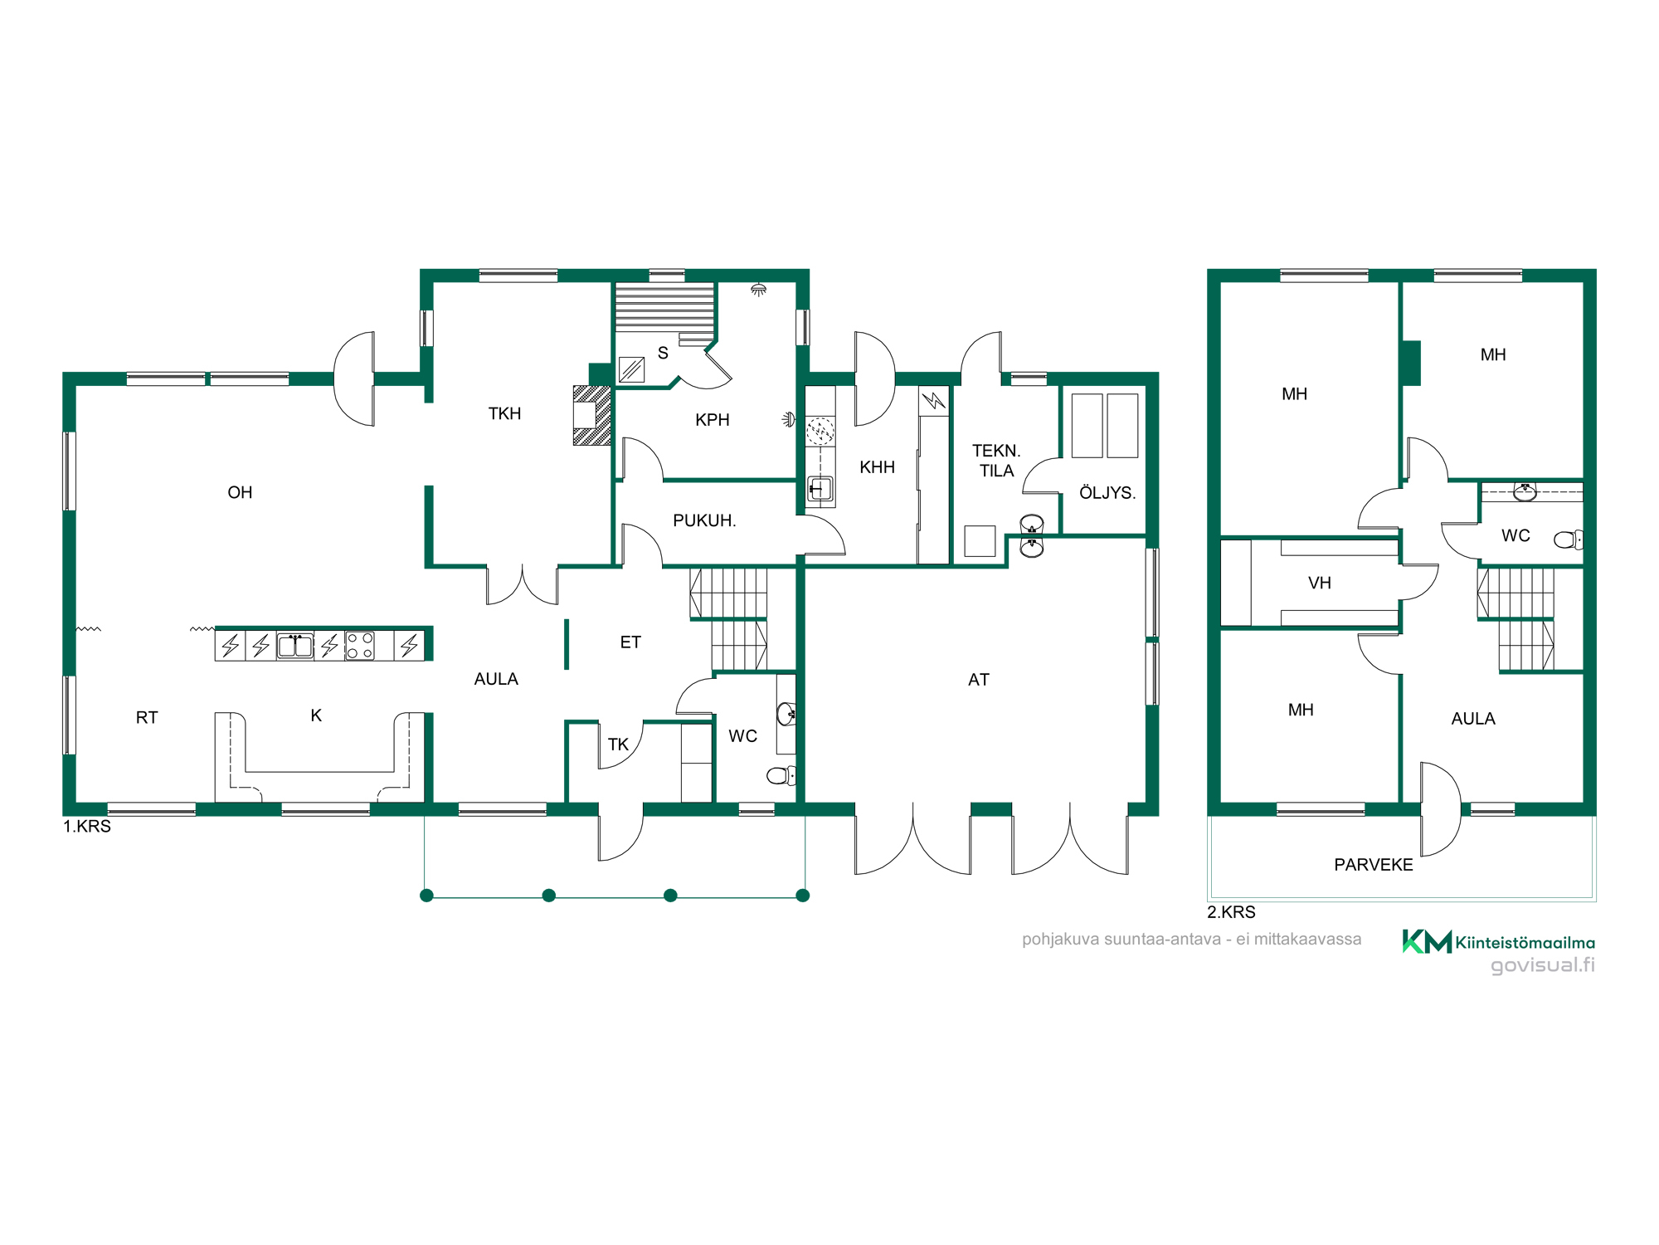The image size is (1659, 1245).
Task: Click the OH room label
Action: point(240,492)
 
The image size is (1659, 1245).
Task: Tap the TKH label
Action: point(504,413)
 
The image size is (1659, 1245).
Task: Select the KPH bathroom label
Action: point(713,420)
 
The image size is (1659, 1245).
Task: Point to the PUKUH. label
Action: point(704,520)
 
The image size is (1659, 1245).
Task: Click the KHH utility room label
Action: point(877,467)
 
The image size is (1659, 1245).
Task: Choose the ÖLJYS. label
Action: point(1107,492)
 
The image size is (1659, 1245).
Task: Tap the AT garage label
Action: point(979,680)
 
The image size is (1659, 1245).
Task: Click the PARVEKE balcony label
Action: point(1374,865)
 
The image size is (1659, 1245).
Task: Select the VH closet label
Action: point(1319,583)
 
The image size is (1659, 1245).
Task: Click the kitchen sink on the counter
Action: point(294,646)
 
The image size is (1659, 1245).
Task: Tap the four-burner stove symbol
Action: point(360,646)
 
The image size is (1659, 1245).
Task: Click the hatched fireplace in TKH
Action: point(592,415)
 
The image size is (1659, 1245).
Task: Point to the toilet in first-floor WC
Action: point(781,775)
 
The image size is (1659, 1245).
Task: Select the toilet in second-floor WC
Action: point(1569,540)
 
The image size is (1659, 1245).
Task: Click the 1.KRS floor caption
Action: point(87,827)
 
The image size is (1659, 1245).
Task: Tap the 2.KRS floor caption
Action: point(1231,912)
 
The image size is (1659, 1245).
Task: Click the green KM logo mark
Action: point(1427,941)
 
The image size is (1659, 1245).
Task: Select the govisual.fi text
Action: point(1543,965)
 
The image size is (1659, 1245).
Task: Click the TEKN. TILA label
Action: point(996,461)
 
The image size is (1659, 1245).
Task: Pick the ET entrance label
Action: point(630,642)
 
